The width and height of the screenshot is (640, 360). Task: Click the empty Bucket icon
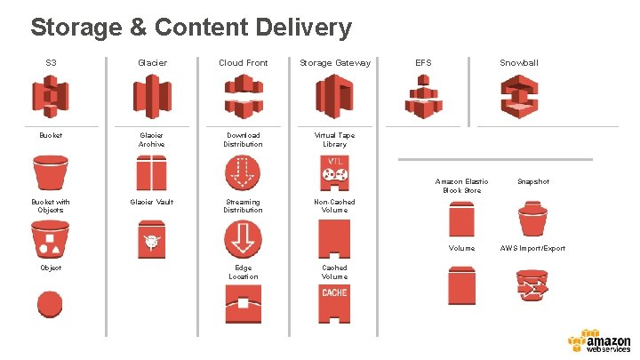click(x=50, y=172)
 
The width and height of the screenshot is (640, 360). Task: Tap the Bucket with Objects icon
click(x=50, y=238)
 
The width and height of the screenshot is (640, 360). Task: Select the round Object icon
click(x=50, y=303)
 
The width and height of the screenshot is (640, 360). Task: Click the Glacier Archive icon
click(x=152, y=172)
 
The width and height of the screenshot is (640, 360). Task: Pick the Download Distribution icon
click(x=243, y=172)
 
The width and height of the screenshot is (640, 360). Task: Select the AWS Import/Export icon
click(x=532, y=286)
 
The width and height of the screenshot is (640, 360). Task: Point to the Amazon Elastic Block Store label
click(x=460, y=186)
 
